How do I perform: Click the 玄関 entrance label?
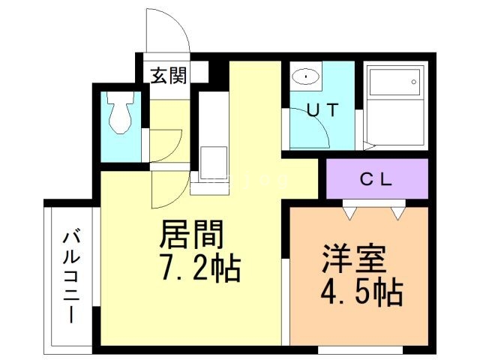point(168,76)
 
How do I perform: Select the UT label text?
point(322,109)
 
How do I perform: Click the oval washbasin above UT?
point(305,76)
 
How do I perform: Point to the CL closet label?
point(377,180)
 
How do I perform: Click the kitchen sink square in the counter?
point(214,162)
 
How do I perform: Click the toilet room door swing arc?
point(166,145)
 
